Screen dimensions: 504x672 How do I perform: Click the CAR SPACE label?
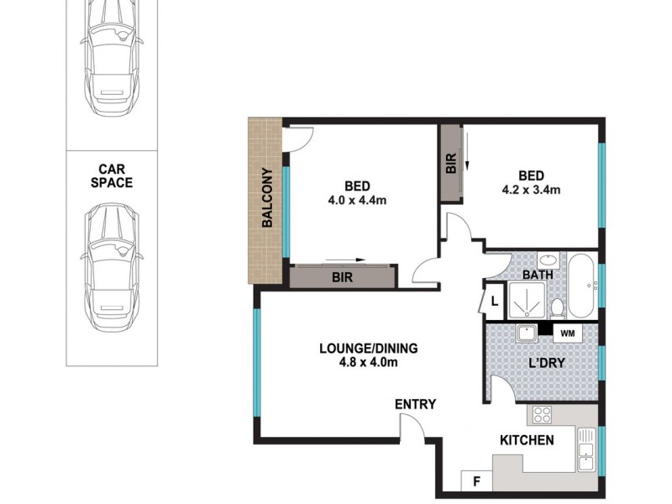[113, 175]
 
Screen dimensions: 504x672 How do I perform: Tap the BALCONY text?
[266, 199]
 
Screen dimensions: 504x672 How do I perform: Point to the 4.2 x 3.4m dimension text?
[531, 190]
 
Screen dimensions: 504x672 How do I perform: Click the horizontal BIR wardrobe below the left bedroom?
[342, 277]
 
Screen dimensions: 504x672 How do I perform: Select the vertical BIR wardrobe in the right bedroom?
[450, 164]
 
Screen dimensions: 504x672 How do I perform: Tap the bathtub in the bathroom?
[583, 284]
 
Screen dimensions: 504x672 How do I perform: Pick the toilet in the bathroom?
[558, 307]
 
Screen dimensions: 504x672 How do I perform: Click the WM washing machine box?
[567, 333]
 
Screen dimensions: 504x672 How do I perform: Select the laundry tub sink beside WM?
[528, 333]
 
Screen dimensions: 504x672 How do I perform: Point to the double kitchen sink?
[586, 450]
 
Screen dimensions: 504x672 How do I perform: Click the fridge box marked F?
[476, 482]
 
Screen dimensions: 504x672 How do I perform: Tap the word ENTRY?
[415, 405]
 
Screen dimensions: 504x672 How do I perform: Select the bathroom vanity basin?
[546, 260]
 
